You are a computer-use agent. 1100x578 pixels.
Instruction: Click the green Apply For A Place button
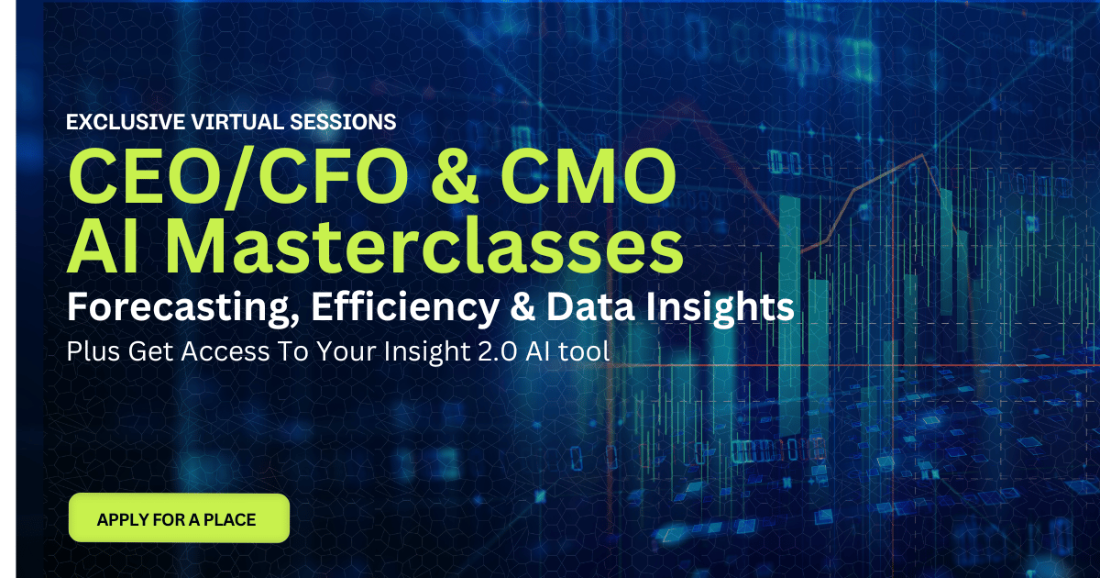180,518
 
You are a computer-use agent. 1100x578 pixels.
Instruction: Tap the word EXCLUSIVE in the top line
126,122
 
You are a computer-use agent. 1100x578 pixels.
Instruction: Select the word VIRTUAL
237,122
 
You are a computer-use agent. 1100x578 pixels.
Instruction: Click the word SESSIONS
343,122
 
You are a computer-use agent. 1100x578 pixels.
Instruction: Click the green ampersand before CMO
455,176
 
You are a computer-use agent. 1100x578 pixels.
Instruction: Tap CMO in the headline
588,176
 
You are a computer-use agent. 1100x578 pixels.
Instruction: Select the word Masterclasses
424,245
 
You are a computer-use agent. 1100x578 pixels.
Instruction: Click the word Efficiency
405,307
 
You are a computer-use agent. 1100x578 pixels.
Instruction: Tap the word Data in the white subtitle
590,306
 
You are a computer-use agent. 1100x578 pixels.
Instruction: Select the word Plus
93,351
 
